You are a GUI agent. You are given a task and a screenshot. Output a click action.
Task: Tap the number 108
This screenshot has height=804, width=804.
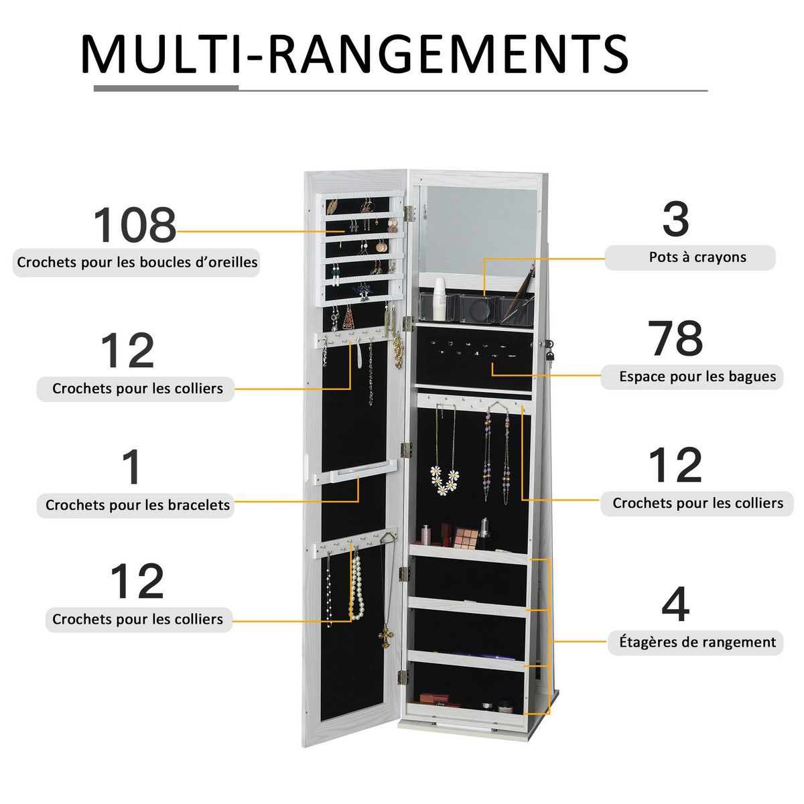(134, 226)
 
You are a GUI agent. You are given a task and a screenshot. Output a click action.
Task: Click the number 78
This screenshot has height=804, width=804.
(675, 340)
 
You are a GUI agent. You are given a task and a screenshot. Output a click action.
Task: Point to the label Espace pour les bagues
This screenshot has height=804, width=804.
(697, 377)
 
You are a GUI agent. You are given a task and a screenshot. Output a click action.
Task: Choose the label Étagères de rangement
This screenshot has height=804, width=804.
(697, 643)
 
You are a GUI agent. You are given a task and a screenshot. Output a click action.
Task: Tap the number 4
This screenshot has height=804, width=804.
(675, 605)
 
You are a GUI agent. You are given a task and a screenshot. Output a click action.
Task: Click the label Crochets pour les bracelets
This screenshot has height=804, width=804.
(137, 505)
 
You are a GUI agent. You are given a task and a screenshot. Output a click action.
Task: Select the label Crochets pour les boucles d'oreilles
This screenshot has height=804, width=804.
(137, 263)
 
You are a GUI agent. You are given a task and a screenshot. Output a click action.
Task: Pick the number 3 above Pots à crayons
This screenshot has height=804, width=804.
(675, 220)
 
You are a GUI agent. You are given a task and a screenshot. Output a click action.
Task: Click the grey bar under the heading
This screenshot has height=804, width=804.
(166, 88)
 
